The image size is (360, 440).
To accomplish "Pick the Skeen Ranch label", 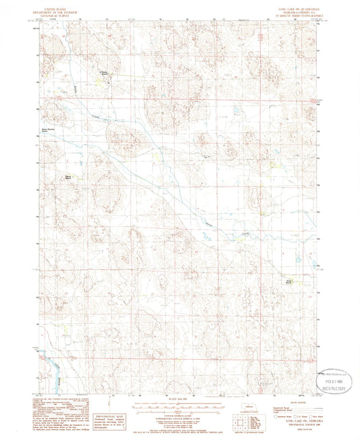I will pyautogui.click(x=68, y=177).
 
